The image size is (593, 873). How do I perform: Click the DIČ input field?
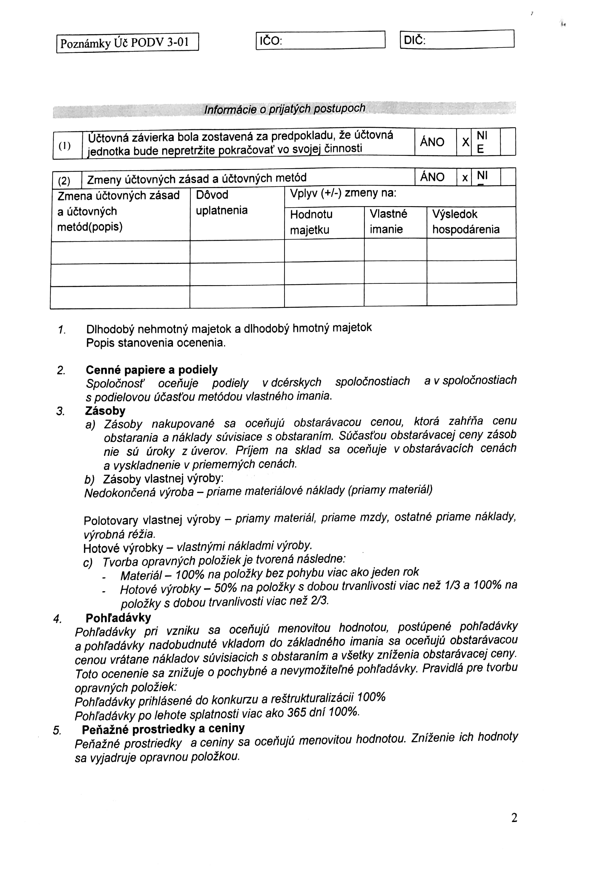(469, 39)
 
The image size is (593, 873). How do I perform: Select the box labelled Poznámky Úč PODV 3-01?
(127, 43)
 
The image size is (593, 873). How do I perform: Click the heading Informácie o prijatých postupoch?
(284, 109)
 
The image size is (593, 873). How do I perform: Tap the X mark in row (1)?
(465, 142)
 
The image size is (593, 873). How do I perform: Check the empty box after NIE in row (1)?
(508, 142)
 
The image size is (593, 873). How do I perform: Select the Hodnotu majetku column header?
(312, 222)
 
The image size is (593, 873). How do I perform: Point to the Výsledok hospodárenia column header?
(466, 222)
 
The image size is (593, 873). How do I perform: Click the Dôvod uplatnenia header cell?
(221, 202)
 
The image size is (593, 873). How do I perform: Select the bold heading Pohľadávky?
(118, 618)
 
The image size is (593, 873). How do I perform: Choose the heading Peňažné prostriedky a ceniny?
(163, 729)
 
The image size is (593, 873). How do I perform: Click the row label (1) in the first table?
(64, 145)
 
